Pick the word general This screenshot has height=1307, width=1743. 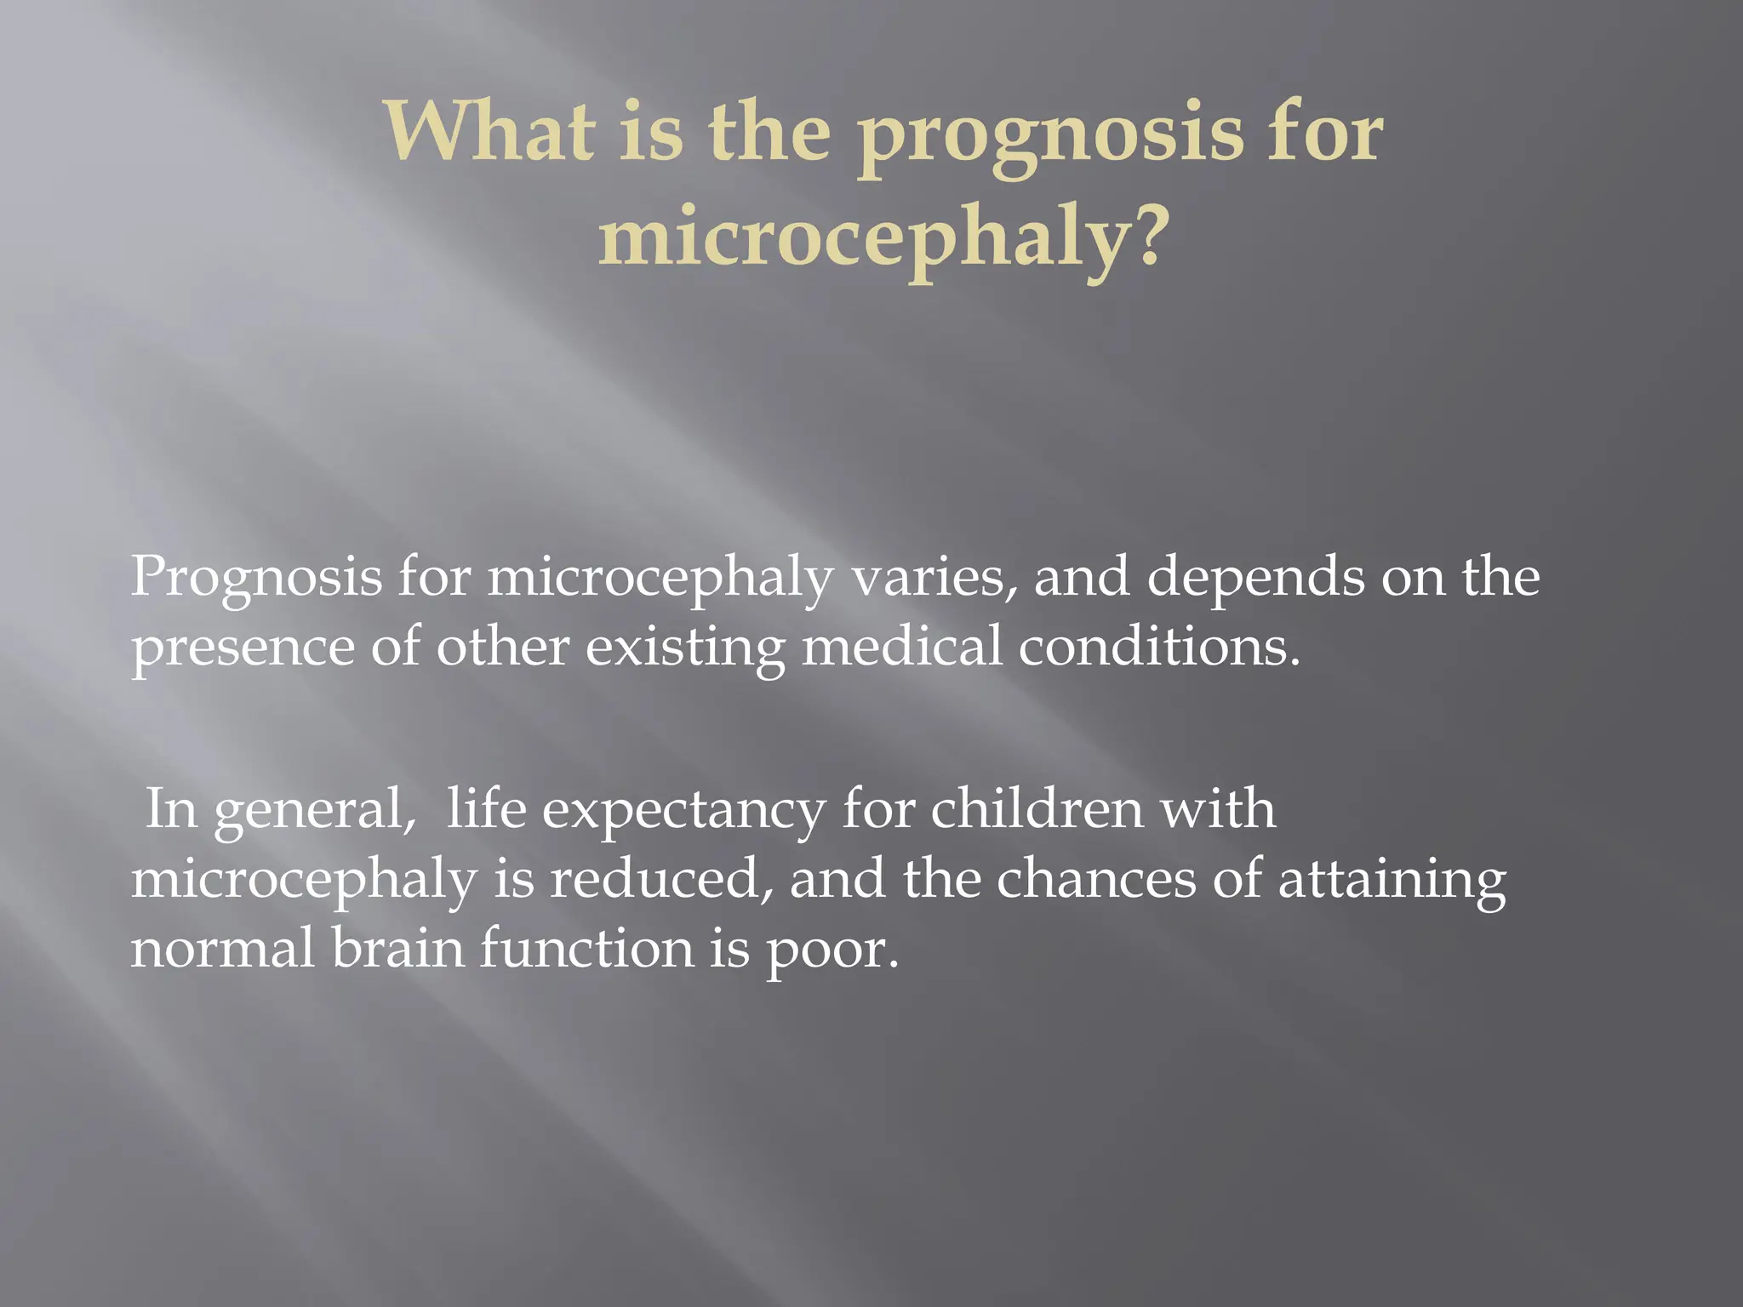tap(314, 811)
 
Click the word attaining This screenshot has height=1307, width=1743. tap(1392, 881)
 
